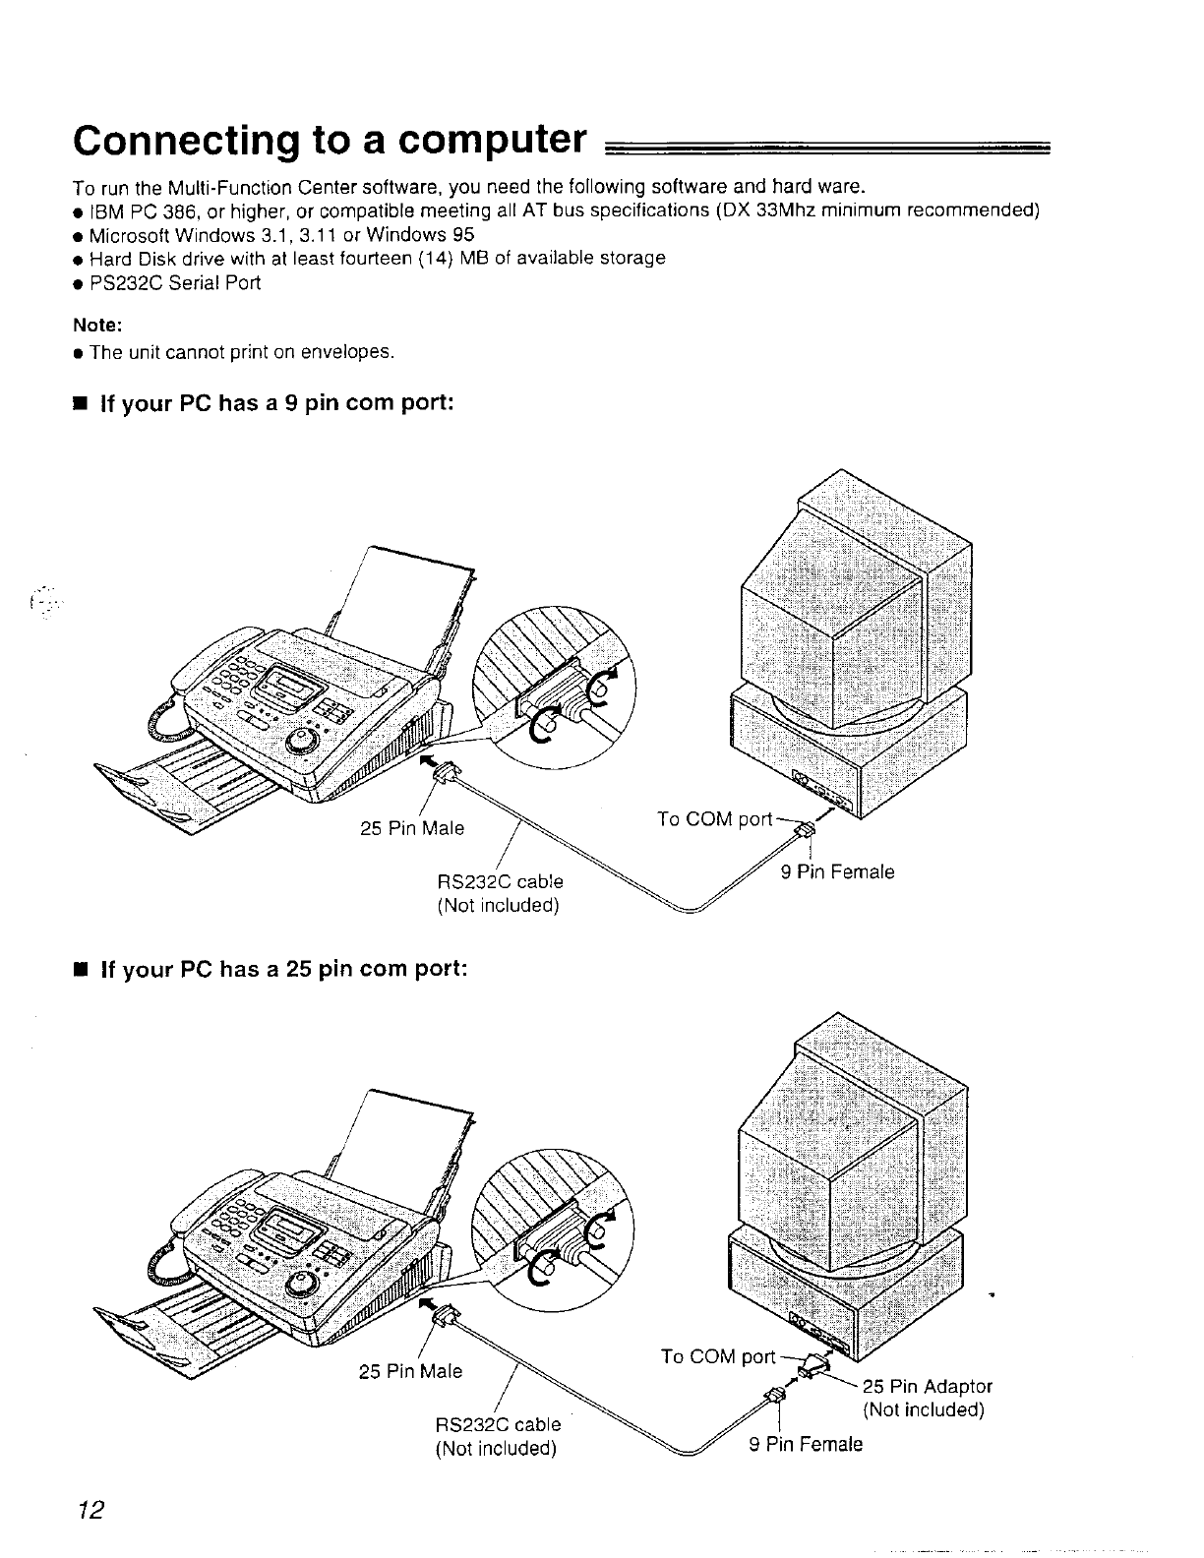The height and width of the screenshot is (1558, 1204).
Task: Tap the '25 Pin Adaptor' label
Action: (928, 1386)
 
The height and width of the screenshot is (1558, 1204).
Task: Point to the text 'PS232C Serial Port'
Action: (175, 282)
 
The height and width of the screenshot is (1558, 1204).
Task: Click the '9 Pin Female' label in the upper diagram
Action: (838, 871)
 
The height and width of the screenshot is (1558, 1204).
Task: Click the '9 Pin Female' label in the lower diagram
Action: (805, 1443)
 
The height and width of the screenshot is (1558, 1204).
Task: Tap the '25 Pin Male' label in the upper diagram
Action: (412, 828)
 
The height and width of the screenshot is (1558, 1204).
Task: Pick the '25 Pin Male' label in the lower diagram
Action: (411, 1370)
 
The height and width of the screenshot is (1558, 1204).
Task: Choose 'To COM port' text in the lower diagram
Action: (719, 1357)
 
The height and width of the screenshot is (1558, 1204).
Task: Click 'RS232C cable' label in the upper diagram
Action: (500, 881)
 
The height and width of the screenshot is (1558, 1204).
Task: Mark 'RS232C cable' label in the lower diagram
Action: (498, 1423)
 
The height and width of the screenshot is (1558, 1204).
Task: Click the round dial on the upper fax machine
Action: (303, 739)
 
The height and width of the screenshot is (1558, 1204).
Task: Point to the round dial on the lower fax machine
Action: (303, 1283)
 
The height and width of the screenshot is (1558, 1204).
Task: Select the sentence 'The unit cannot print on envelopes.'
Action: (242, 351)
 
